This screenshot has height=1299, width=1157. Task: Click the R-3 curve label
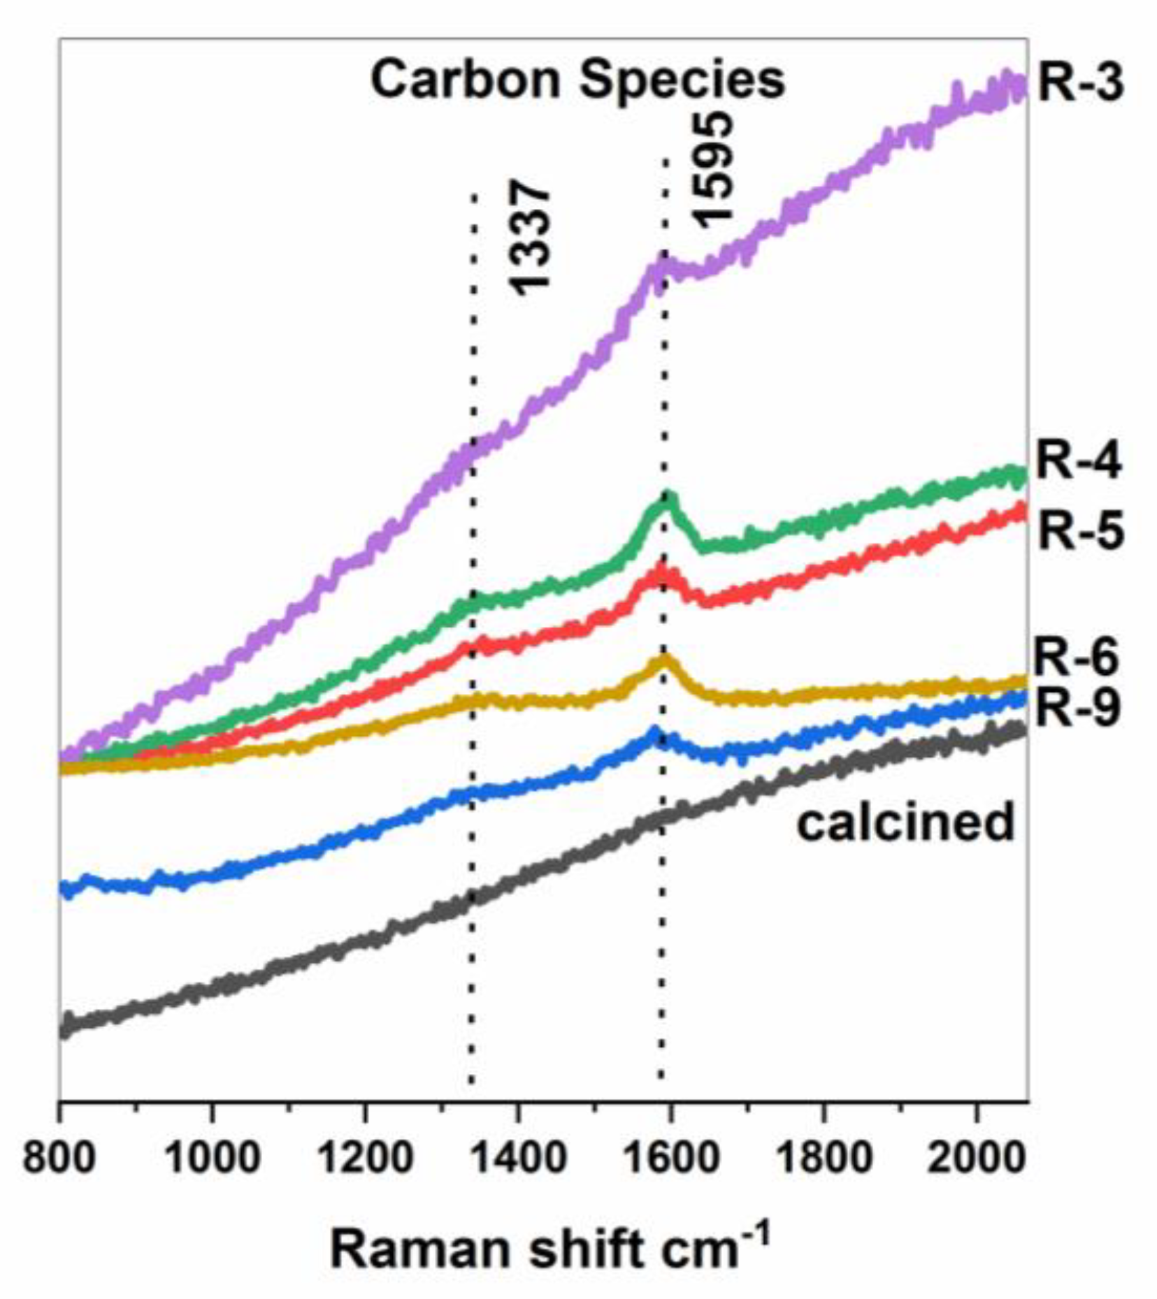click(1081, 82)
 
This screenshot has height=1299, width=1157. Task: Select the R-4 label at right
click(1079, 462)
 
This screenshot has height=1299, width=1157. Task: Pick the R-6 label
click(1076, 658)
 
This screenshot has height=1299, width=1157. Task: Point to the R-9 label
click(1077, 709)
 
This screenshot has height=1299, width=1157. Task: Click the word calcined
click(905, 822)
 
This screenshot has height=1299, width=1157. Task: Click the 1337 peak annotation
click(529, 238)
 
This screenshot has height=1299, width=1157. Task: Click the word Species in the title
click(682, 80)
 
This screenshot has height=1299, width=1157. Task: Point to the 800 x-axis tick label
click(59, 1157)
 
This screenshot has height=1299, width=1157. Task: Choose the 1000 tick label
click(212, 1157)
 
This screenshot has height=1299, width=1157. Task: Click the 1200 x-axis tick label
click(364, 1157)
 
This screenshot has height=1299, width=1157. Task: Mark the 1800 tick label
click(824, 1157)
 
